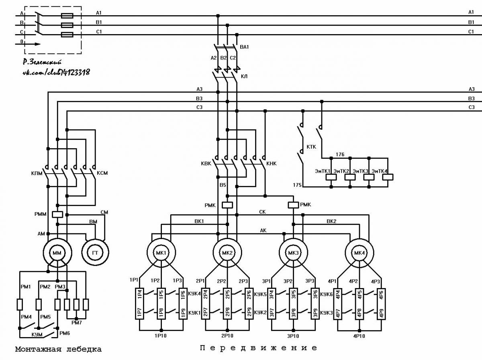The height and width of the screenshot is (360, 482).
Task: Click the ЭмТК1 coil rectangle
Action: [331, 177]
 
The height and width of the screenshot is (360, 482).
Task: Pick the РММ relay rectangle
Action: [57, 215]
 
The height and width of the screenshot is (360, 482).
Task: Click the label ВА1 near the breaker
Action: [244, 47]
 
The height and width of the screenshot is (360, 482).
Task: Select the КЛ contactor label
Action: [244, 76]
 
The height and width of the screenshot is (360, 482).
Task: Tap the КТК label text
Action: [311, 147]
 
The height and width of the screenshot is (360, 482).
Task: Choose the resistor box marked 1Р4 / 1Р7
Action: [139, 304]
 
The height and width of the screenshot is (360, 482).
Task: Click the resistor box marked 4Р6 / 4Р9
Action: [382, 304]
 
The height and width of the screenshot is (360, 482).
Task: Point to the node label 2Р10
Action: [227, 336]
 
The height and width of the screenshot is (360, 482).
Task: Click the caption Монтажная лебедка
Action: [58, 349]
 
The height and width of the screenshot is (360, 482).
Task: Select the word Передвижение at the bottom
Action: [258, 348]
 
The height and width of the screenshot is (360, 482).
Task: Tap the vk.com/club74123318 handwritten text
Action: [56, 72]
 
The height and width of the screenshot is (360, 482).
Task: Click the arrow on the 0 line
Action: [28, 44]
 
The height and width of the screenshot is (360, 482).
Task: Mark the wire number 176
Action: [340, 155]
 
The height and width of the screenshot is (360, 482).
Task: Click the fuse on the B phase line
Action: [67, 25]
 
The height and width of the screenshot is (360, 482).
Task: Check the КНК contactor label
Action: [272, 164]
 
